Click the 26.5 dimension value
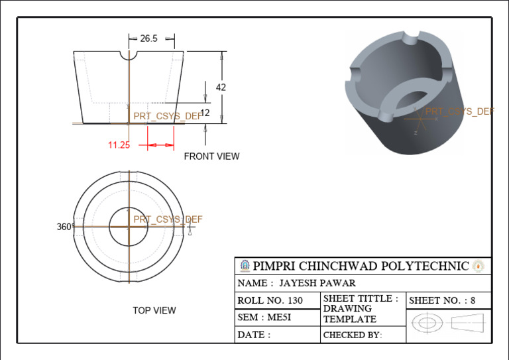click(148, 38)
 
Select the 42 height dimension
click(221, 87)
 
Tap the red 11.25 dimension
click(119, 145)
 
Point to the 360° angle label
click(64, 227)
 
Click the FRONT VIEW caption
click(211, 156)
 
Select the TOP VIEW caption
click(154, 310)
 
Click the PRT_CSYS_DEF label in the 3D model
click(459, 111)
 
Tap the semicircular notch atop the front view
click(129, 55)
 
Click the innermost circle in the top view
click(129, 226)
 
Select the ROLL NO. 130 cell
click(270, 300)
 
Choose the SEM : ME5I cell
click(264, 318)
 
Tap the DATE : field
click(254, 335)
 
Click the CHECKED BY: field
click(353, 335)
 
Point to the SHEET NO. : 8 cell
click(442, 300)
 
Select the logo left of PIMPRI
click(245, 266)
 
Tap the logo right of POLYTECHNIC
click(479, 267)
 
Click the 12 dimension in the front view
click(205, 113)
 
